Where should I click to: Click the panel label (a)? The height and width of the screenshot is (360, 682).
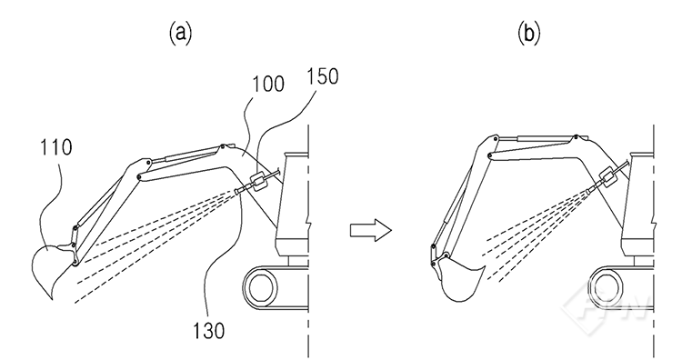pos(180,34)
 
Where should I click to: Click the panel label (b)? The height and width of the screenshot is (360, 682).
pos(528,34)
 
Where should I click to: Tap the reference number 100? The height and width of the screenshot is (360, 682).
pos(268,84)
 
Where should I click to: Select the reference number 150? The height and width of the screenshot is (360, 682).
pos(322,76)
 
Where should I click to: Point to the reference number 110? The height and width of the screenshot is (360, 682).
pos(56,147)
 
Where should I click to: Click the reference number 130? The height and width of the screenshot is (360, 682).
pos(209,331)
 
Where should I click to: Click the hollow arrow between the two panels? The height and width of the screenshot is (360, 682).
pos(371,230)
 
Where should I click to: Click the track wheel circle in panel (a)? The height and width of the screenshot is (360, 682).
pos(262,287)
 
